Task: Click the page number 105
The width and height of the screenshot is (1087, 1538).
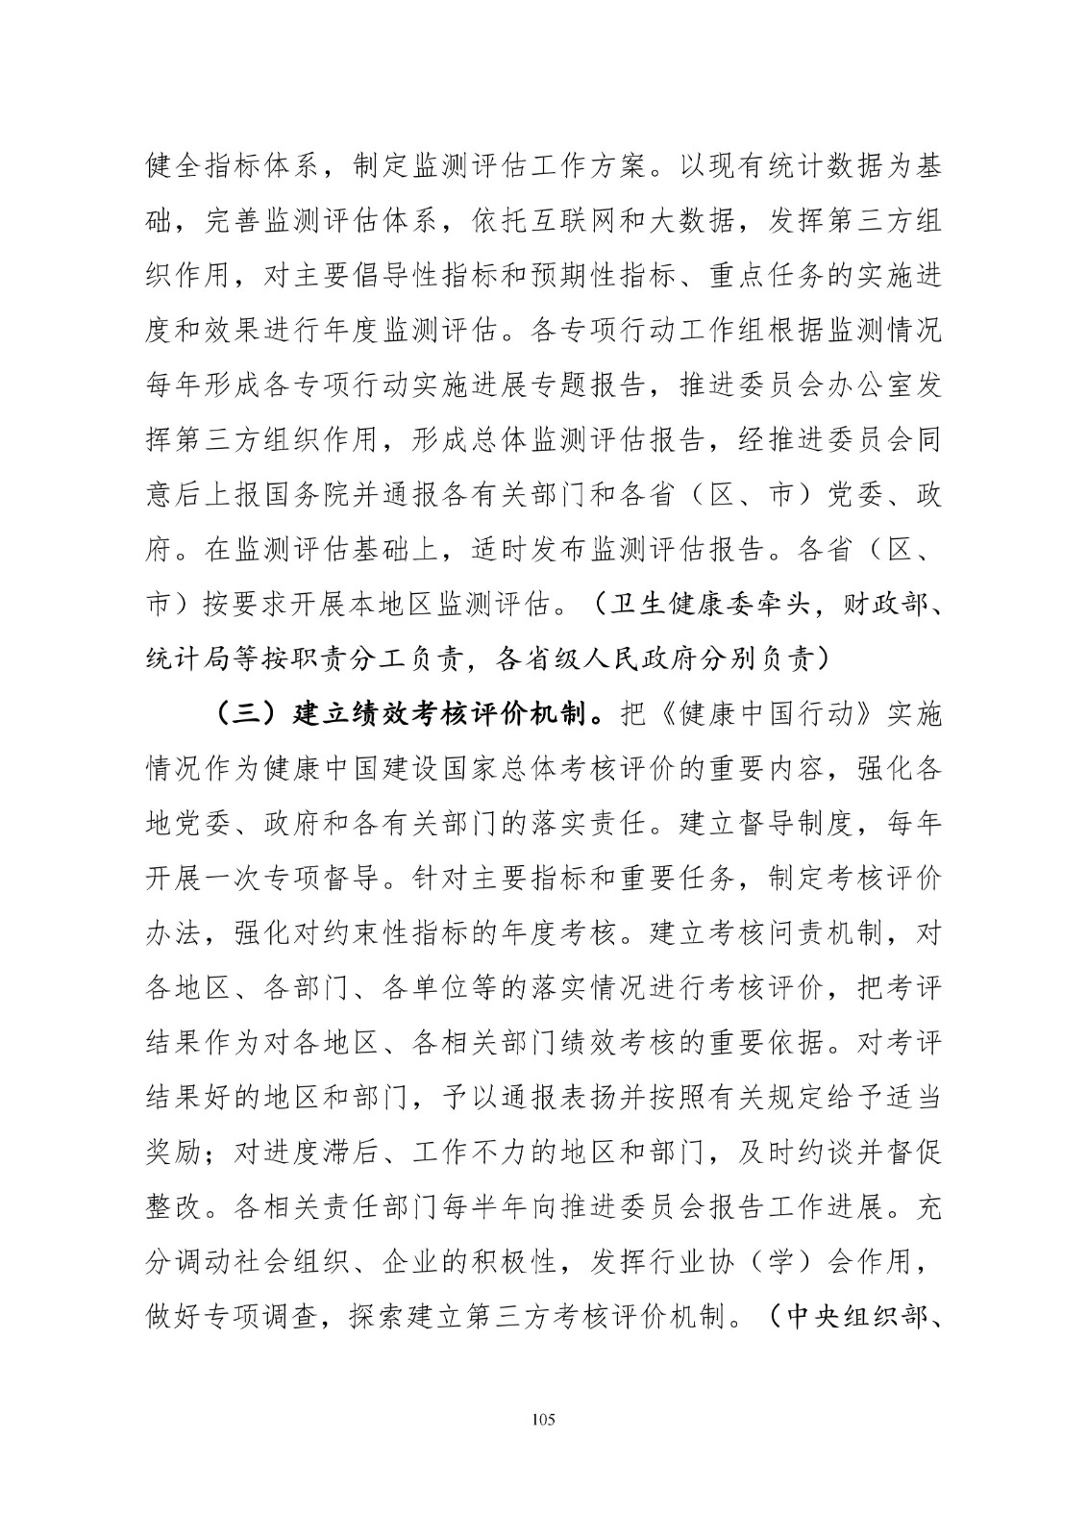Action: click(x=543, y=1420)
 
